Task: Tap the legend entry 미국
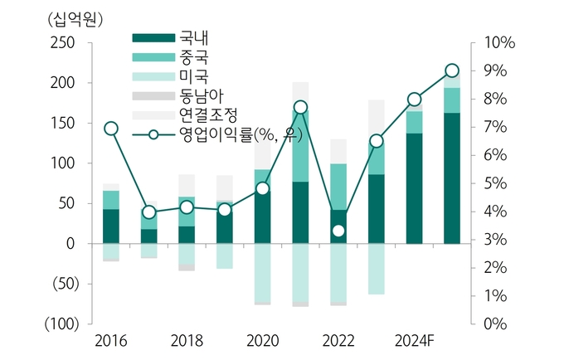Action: pos(186,77)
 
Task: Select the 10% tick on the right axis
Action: pos(500,43)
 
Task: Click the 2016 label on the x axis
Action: pos(110,341)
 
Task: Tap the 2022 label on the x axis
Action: pos(338,341)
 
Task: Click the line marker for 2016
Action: pos(111,128)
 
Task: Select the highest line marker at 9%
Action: pos(452,71)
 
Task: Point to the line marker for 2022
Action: pos(338,231)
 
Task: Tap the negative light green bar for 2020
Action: pos(262,273)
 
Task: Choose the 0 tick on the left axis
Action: pos(72,244)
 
